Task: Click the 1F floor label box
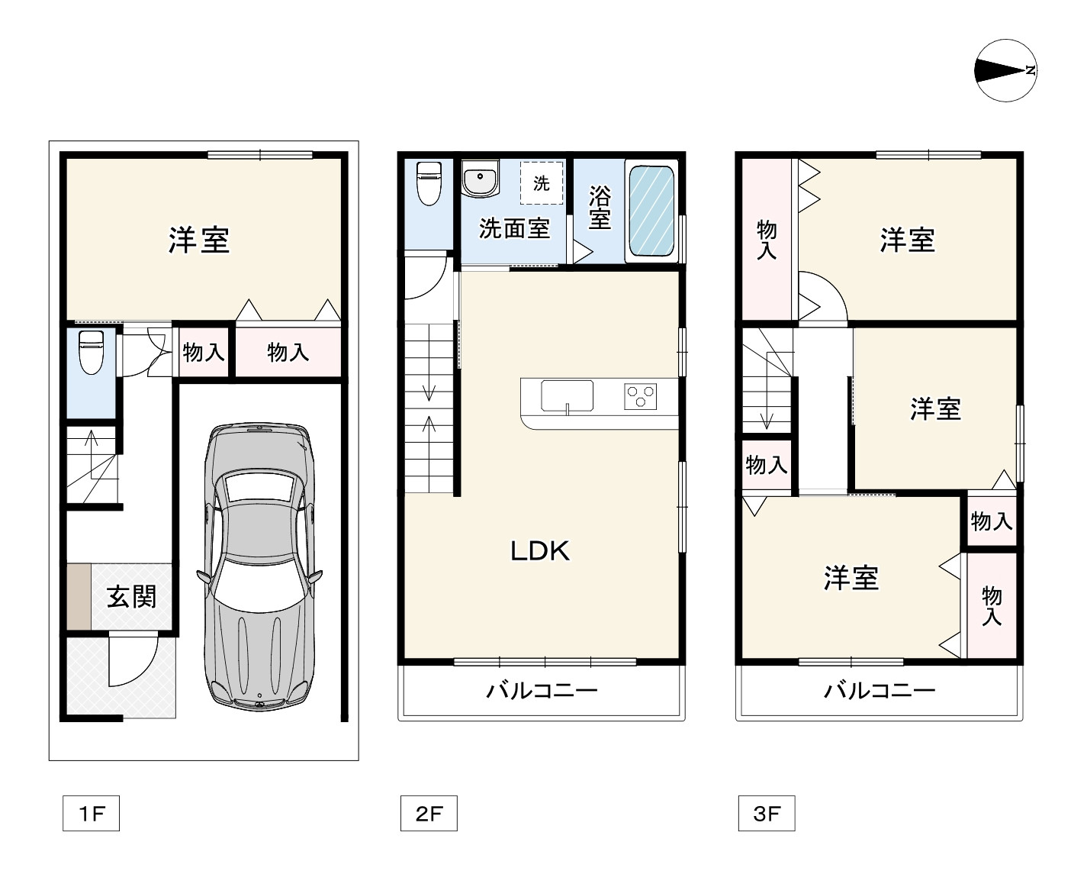click(91, 814)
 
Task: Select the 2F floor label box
click(429, 814)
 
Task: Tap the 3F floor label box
click(766, 814)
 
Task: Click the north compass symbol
click(1005, 71)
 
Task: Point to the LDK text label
click(539, 550)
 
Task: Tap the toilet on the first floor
click(92, 352)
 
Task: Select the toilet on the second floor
click(429, 183)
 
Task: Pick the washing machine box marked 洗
click(542, 183)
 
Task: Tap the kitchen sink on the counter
click(567, 396)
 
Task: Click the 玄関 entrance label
click(131, 596)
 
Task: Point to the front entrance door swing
click(132, 660)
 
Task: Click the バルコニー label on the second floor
click(542, 692)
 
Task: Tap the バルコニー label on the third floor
click(879, 692)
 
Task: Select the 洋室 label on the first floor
click(199, 240)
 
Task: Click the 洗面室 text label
click(514, 227)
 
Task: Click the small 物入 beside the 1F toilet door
click(204, 353)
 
